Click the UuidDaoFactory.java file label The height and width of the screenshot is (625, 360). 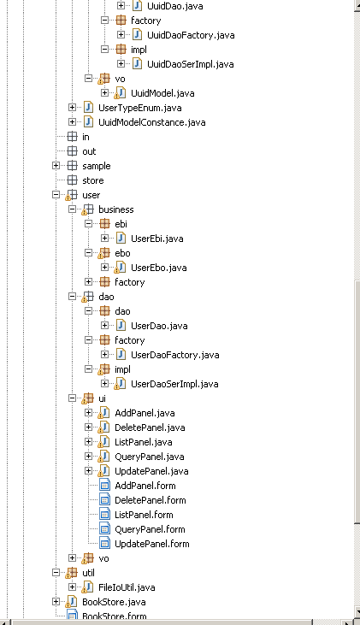click(x=191, y=35)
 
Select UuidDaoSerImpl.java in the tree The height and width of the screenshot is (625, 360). click(x=190, y=64)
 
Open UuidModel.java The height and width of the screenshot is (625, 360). click(x=162, y=93)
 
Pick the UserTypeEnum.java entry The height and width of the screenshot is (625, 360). click(x=140, y=108)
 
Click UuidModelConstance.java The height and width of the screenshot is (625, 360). click(x=152, y=122)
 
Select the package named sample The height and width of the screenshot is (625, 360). click(x=97, y=166)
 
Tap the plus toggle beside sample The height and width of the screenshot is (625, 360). click(x=56, y=166)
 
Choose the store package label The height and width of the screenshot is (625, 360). click(x=93, y=180)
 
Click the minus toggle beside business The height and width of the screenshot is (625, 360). click(x=72, y=209)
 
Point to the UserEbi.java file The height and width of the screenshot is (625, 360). click(x=157, y=239)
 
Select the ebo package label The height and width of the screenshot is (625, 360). click(x=122, y=253)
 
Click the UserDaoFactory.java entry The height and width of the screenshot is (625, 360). click(x=175, y=355)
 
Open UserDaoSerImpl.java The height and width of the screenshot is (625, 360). click(x=174, y=384)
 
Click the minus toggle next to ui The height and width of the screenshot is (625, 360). click(x=72, y=398)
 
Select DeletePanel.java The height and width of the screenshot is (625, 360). click(x=150, y=427)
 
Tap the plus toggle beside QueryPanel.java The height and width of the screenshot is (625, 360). click(x=89, y=457)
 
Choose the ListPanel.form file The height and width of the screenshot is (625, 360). click(x=144, y=515)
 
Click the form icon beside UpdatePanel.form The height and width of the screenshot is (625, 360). click(x=104, y=544)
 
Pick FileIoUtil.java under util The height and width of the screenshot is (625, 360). click(x=127, y=587)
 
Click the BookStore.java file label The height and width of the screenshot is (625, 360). click(x=114, y=602)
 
